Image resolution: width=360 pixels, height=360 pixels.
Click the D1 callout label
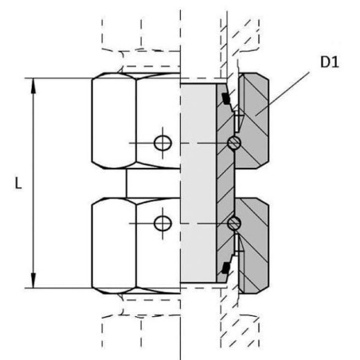tap(330, 62)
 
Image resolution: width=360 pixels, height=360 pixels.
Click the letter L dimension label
tap(18, 183)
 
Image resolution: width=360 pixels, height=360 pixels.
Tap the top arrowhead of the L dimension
tap(33, 86)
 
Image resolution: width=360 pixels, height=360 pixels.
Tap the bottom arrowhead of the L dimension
tap(33, 280)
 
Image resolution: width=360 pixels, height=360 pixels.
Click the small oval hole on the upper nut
tap(162, 143)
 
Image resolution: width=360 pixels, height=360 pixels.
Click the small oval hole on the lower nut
tap(162, 224)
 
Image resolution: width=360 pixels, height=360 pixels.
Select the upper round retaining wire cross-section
tap(234, 143)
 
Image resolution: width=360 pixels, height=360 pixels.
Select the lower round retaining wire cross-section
tap(234, 224)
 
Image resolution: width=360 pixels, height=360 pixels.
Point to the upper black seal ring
tap(226, 99)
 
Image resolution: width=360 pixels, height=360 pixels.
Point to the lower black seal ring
tap(226, 268)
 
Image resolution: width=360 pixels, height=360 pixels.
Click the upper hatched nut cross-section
tap(253, 121)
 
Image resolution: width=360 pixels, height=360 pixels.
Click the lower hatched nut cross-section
tap(253, 245)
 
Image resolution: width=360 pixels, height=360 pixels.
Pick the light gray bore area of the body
tap(198, 183)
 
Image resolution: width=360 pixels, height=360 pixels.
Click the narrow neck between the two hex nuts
tap(153, 183)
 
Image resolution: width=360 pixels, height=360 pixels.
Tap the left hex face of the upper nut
tap(114, 121)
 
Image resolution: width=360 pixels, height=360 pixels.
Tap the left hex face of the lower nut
tap(114, 245)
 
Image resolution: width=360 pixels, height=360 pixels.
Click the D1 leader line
tap(283, 93)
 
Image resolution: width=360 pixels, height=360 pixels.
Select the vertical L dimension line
tap(33, 183)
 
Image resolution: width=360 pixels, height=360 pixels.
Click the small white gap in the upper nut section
tap(237, 122)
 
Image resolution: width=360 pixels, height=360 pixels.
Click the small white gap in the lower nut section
tap(237, 243)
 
